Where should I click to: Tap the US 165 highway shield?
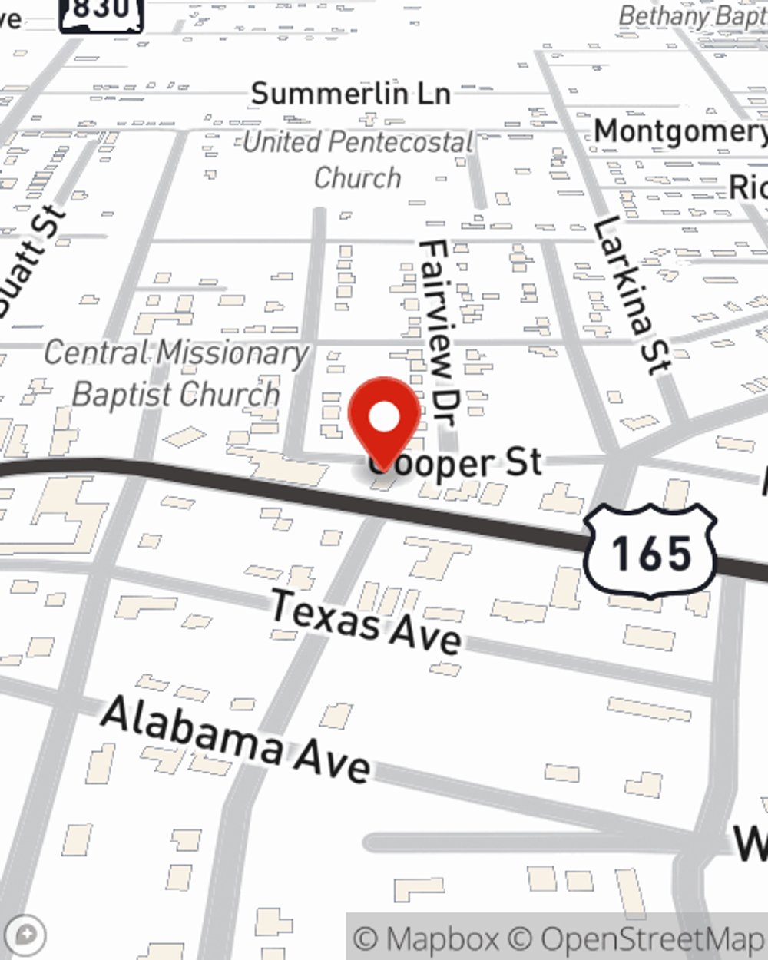point(650,551)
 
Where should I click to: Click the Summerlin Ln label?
point(350,94)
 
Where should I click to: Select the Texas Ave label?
point(366,621)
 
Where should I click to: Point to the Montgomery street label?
point(680,131)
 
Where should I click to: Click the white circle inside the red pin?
point(385,417)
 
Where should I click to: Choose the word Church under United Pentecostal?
point(358,178)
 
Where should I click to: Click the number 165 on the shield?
point(651,553)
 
